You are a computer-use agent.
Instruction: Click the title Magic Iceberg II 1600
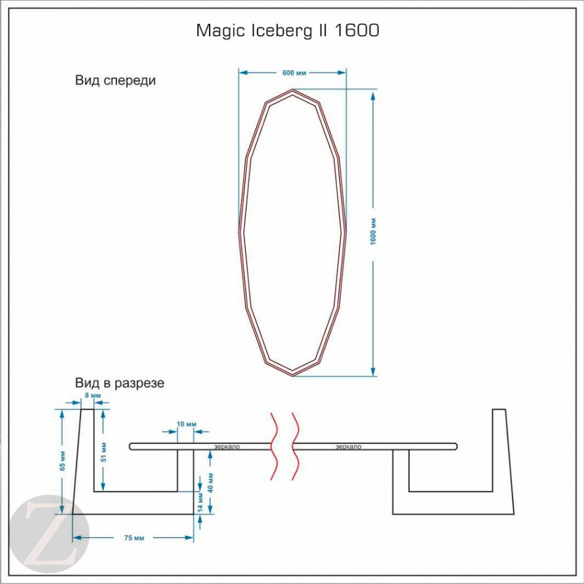coord(288,30)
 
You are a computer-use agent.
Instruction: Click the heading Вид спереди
coord(116,80)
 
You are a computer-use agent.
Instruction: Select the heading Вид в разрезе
coord(119,383)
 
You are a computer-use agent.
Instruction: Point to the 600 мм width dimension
coord(294,73)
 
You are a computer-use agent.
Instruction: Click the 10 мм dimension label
coord(186,424)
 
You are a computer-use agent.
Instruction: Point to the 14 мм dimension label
coord(202,502)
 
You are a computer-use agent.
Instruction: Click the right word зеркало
coord(348,446)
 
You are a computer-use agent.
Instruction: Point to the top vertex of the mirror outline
coord(294,91)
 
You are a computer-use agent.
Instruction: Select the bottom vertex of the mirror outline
coord(293,374)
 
